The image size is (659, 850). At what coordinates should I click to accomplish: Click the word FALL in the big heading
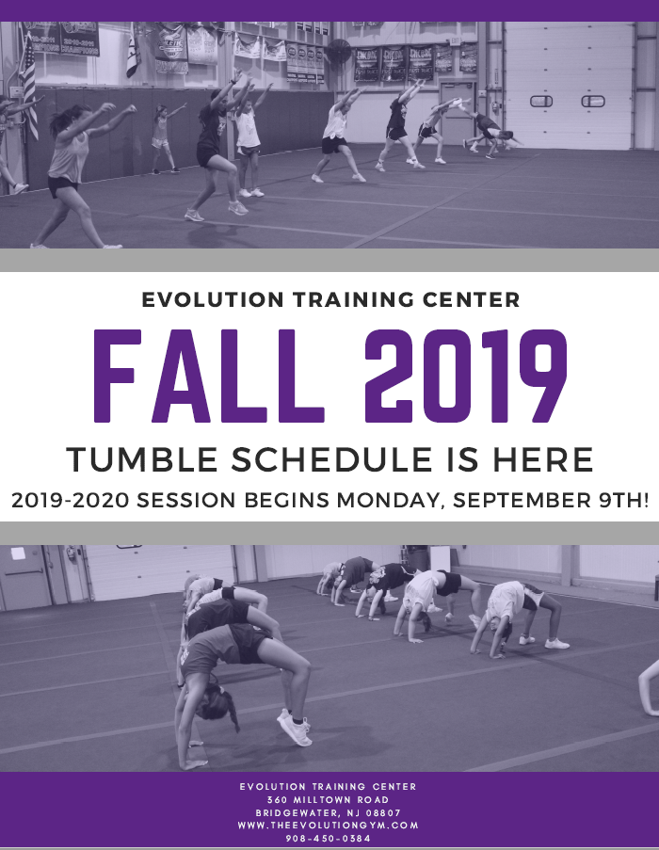[209, 376]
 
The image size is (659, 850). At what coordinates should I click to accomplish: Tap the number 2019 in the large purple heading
[465, 376]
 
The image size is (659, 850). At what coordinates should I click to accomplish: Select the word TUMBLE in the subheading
[142, 459]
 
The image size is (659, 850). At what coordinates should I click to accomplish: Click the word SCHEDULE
[331, 459]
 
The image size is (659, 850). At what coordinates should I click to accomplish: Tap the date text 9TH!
[623, 500]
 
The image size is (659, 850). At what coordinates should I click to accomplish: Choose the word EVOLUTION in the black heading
[213, 299]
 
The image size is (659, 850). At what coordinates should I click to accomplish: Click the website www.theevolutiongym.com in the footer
[328, 826]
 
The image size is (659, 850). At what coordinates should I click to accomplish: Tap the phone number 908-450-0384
[329, 839]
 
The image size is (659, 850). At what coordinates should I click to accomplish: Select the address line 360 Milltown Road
[328, 799]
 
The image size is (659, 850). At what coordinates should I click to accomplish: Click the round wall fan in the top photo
[338, 52]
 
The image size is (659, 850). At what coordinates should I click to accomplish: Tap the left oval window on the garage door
[541, 101]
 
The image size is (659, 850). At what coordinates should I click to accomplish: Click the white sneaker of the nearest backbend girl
[295, 728]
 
